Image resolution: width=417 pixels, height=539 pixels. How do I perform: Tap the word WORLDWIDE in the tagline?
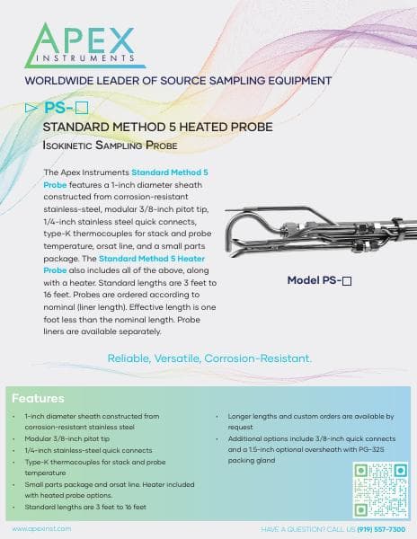point(63,80)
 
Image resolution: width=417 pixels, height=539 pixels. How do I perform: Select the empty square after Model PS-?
point(347,280)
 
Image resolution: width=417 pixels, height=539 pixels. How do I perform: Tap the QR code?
point(380,490)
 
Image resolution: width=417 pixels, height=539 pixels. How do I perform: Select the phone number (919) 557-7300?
point(382,530)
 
